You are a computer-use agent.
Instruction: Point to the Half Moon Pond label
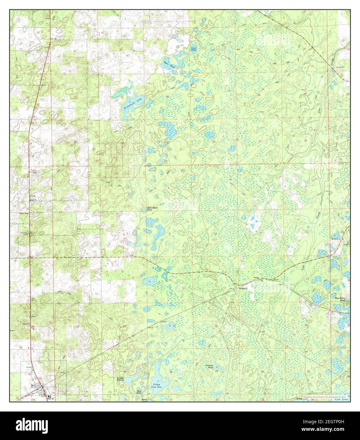tap(152, 209)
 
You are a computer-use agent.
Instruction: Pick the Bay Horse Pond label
tap(340, 299)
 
